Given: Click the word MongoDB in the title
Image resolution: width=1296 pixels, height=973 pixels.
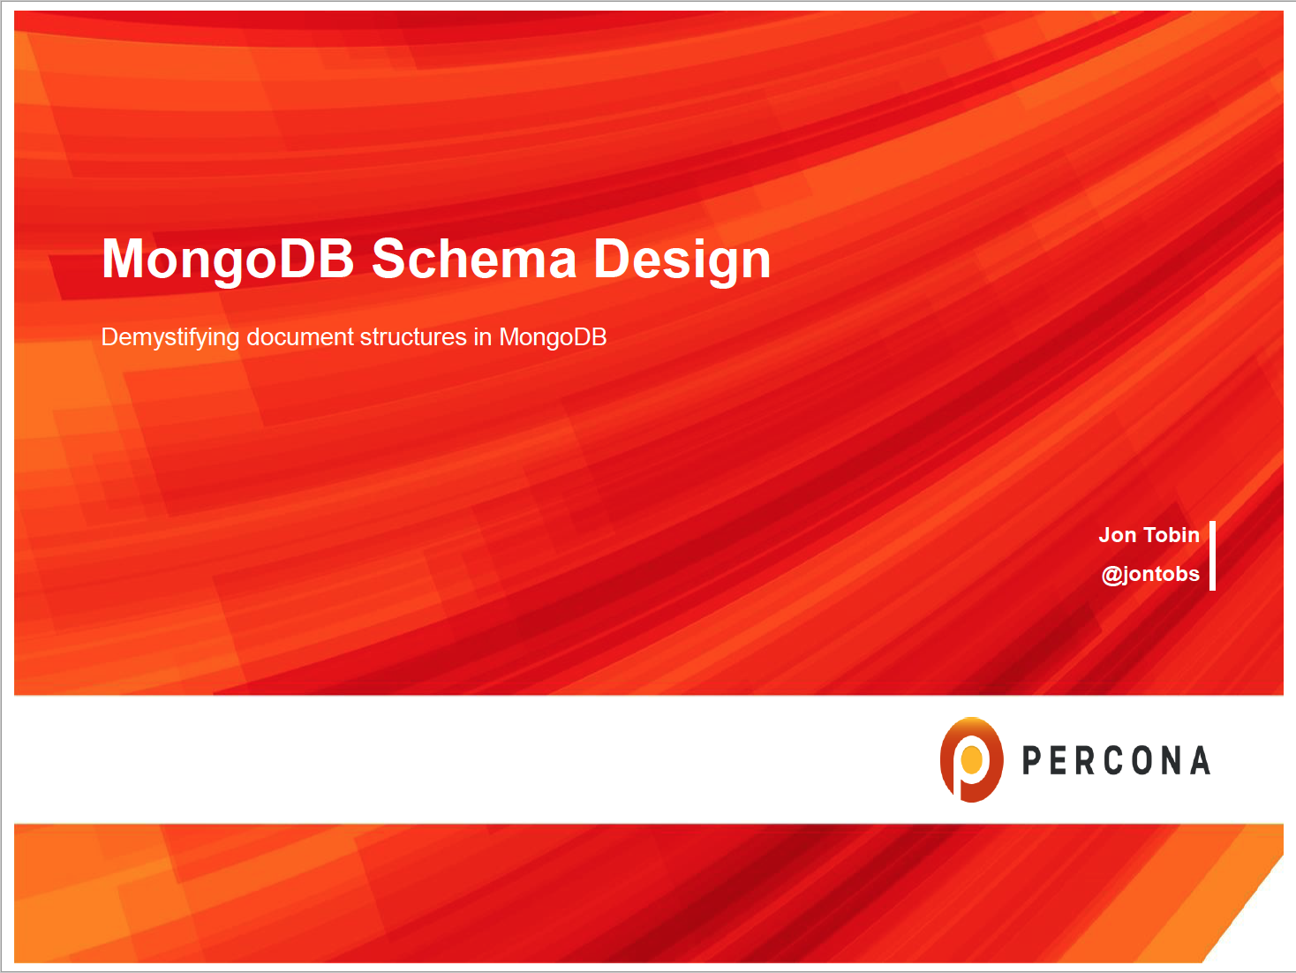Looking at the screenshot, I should point(228,259).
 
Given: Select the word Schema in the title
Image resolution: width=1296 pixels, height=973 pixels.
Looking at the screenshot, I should point(473,259).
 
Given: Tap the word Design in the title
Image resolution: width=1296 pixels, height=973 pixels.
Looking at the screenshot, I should point(682,259).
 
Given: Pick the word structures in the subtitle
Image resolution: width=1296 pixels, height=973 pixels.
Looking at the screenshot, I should point(413,337).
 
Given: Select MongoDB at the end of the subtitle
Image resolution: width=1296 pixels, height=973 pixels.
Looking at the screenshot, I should point(553,337).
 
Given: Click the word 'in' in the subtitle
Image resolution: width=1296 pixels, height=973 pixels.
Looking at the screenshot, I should point(483,337).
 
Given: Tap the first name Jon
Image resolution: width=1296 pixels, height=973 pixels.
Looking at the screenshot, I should point(1117,535).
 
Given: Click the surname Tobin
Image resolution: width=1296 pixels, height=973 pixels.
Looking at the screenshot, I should point(1172,535).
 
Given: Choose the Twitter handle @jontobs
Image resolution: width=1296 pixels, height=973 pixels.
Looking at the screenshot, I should point(1150,574).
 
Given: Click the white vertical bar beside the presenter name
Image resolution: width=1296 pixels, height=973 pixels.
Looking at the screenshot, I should point(1212,555).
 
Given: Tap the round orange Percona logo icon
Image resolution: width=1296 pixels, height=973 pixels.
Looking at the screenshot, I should point(971,759).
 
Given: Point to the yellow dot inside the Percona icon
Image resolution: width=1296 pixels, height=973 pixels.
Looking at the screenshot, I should point(972,758).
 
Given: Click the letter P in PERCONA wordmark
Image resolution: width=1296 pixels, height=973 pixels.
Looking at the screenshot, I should point(1031,761).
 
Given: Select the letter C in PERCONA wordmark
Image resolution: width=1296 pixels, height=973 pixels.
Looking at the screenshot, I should point(1115,761).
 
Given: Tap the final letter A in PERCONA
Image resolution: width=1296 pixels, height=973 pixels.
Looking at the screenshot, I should point(1200,761).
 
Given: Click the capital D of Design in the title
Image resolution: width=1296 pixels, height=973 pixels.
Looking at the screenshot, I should point(611,259).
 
